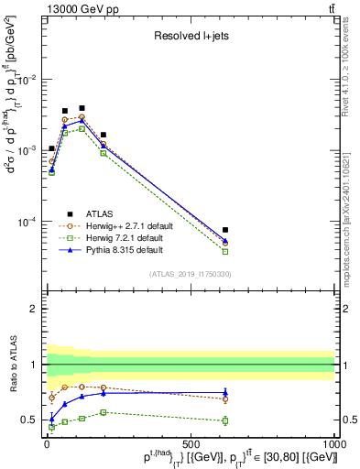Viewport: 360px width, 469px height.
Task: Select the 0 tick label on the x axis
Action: [x=47, y=442]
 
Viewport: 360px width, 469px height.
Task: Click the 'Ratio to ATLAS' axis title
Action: [x=12, y=365]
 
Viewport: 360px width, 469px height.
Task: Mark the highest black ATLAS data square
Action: [x=82, y=108]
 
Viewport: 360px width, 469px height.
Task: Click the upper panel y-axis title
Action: [x=13, y=147]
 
